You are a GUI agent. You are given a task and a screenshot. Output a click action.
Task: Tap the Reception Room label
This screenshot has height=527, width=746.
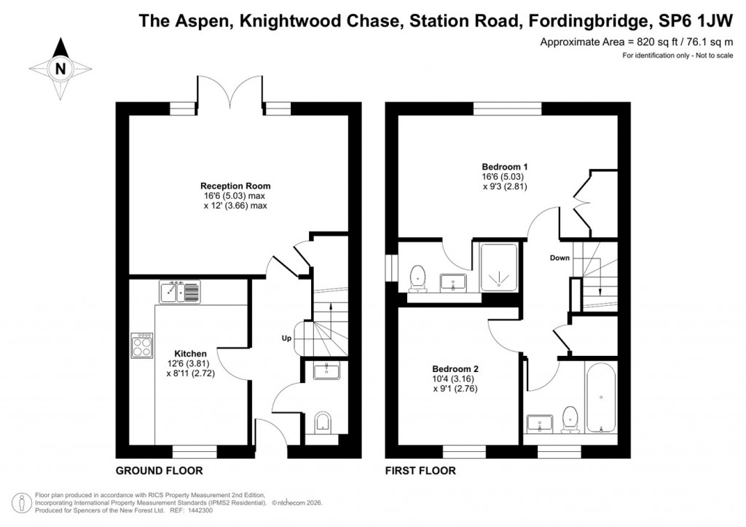(x=230, y=186)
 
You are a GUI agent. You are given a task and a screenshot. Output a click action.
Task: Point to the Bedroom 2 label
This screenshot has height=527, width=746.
(x=455, y=368)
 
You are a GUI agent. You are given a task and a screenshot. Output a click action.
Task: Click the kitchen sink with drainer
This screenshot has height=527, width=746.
(x=179, y=293)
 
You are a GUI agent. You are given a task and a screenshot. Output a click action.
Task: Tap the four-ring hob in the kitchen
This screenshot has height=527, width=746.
(x=142, y=345)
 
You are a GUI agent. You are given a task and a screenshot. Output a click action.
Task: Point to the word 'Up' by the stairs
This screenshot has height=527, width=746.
(x=288, y=338)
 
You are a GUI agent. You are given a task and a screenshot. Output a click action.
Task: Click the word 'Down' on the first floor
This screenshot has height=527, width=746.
(x=559, y=258)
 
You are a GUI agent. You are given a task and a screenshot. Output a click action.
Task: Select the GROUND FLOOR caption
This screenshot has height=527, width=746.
(x=160, y=471)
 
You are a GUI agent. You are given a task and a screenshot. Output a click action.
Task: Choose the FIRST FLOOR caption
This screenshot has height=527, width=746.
(x=420, y=471)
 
